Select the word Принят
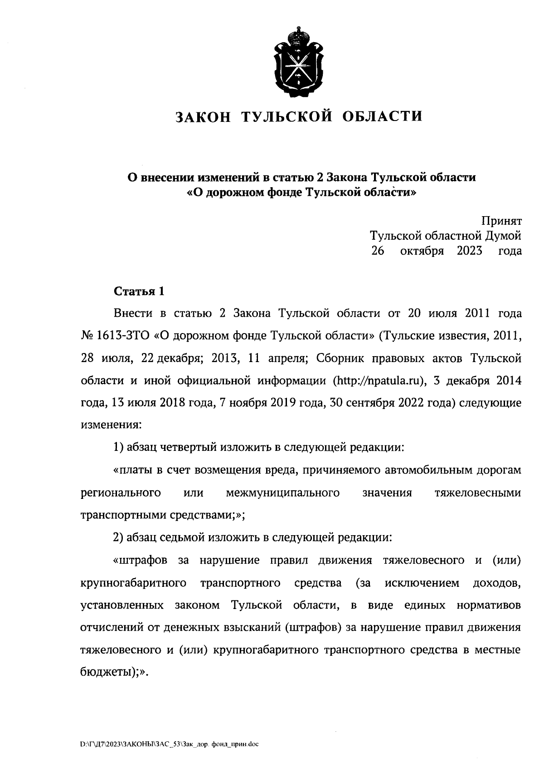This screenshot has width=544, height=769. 501,221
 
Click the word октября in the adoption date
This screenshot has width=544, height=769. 422,251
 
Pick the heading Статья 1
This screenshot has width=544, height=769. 138,291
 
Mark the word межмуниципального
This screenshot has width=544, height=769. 283,493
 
